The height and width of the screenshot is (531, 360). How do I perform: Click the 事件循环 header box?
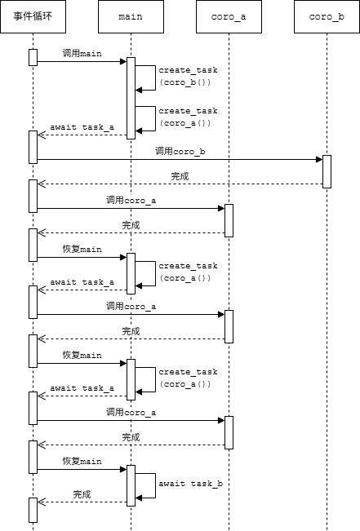(x=33, y=17)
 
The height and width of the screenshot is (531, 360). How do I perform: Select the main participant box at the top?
(x=131, y=17)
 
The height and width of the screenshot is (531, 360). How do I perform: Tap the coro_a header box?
(x=229, y=17)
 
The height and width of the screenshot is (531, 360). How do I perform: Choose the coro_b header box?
(x=327, y=17)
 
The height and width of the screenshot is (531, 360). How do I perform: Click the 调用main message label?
(x=82, y=53)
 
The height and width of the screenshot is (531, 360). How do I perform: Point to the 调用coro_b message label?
(x=180, y=151)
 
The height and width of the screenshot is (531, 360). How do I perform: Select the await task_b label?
(x=190, y=484)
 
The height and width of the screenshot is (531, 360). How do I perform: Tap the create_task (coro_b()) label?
(x=188, y=76)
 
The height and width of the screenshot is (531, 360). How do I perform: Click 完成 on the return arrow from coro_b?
(x=180, y=175)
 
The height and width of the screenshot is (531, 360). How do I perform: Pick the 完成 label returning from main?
(x=82, y=493)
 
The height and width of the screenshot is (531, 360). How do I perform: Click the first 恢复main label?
(x=82, y=249)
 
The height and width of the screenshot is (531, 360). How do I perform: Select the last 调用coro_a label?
(x=131, y=412)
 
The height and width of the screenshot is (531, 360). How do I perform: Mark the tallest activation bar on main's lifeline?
(x=131, y=98)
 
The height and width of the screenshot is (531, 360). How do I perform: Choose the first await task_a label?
(x=82, y=127)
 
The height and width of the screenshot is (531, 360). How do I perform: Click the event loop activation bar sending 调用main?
(x=33, y=57)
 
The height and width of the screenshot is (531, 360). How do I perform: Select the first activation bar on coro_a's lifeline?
(x=229, y=220)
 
